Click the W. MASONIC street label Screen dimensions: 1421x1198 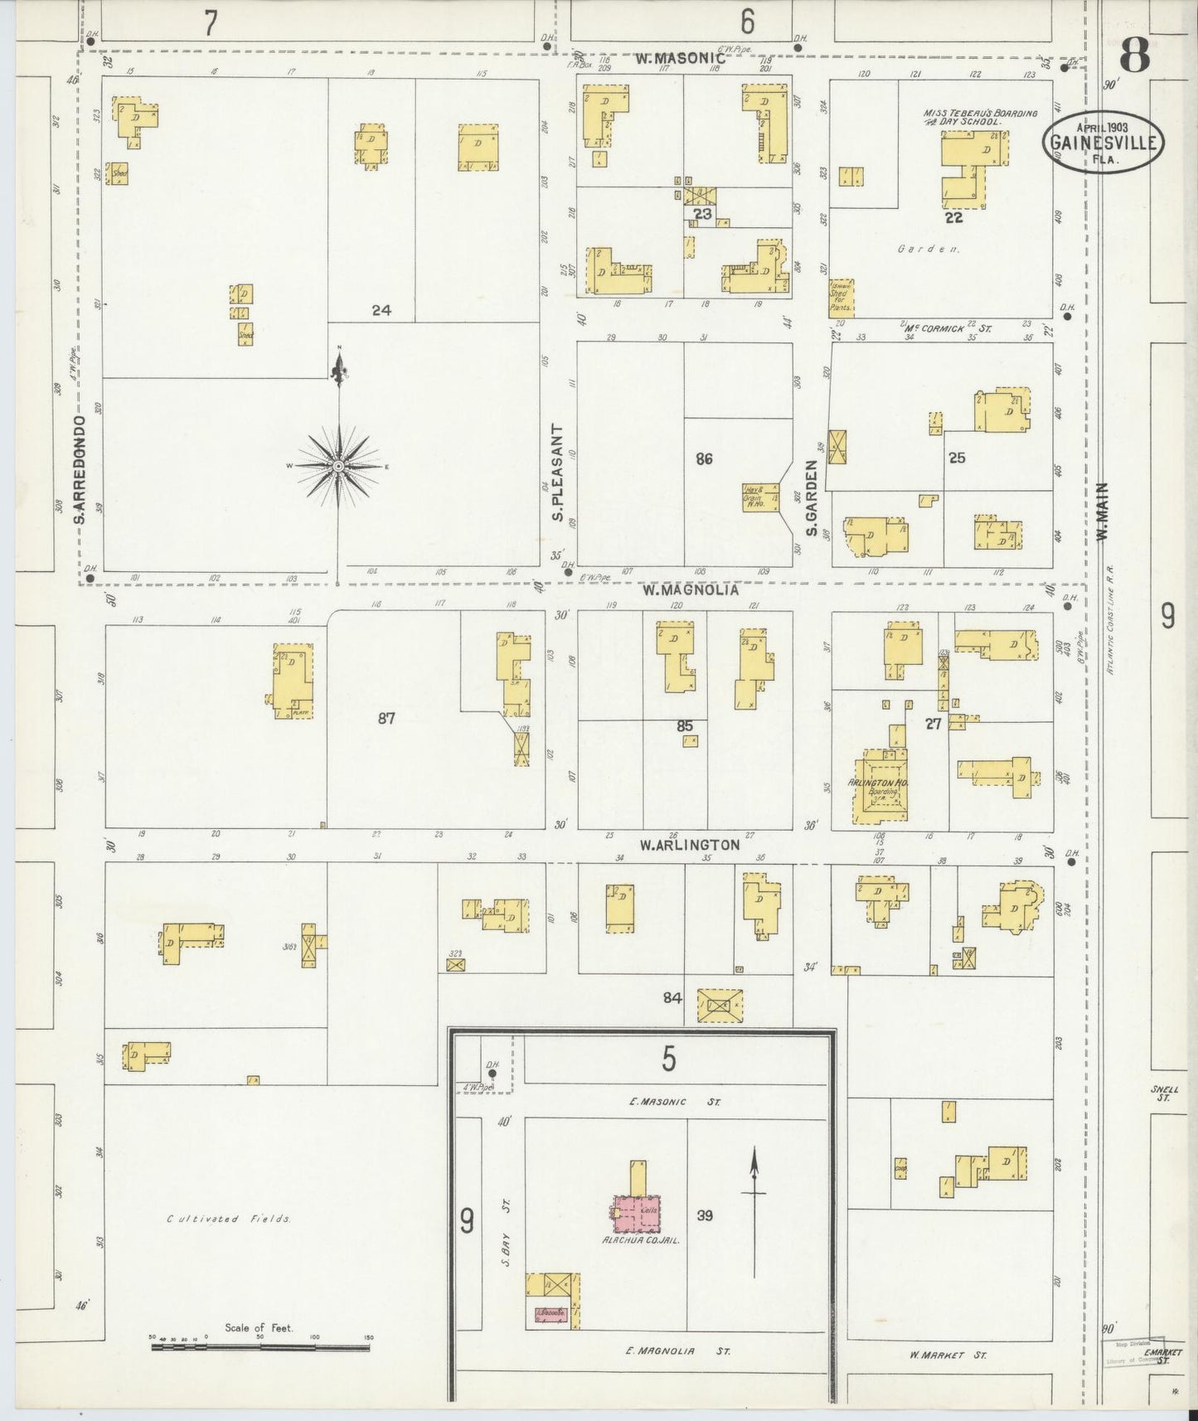(x=681, y=59)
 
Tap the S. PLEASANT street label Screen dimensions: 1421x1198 (x=558, y=473)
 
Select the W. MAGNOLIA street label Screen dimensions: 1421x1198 (x=678, y=591)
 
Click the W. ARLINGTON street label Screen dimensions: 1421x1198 (x=689, y=845)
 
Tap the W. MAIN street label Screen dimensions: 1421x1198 (x=1102, y=512)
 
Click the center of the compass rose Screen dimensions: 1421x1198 (x=338, y=467)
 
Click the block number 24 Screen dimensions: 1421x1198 (x=381, y=310)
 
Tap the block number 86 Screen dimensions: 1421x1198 (x=704, y=458)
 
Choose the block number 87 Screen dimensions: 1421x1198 (x=386, y=718)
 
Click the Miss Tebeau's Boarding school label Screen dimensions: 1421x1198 (x=980, y=117)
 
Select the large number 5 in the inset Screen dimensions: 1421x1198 (x=668, y=1058)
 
